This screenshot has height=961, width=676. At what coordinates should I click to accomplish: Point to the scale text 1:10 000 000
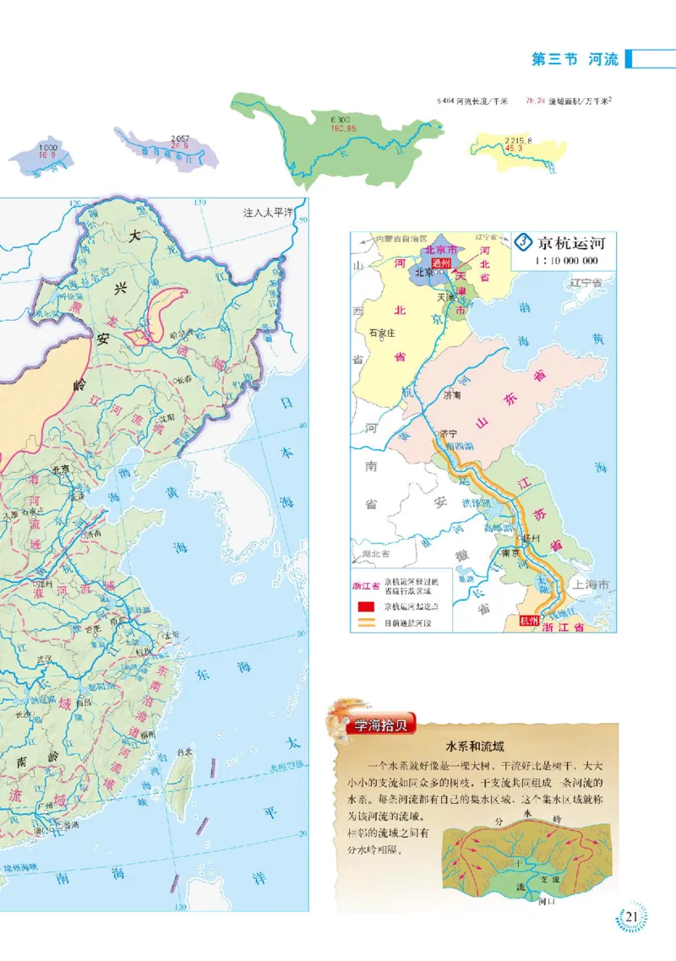[566, 261]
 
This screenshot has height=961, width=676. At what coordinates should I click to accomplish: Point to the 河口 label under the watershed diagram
[545, 902]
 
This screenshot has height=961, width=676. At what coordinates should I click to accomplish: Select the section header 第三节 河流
[575, 59]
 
